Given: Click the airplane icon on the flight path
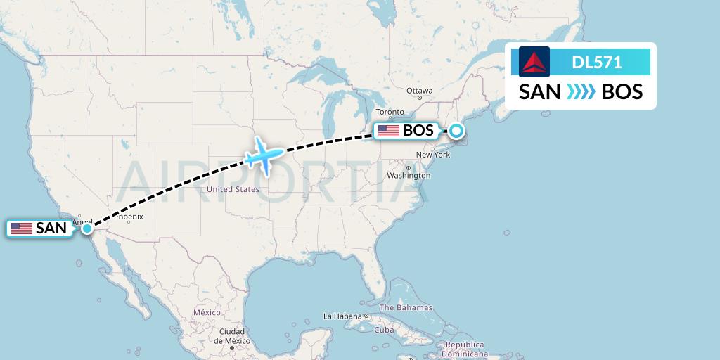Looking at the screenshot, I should click(264, 155).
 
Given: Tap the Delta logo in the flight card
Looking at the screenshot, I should click(534, 62).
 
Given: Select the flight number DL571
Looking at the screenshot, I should click(596, 62).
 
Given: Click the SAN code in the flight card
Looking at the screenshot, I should click(539, 91).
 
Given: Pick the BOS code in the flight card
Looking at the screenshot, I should click(622, 91).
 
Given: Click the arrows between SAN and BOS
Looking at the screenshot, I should click(581, 91).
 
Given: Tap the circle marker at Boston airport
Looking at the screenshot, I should click(457, 130).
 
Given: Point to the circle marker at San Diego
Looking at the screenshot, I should click(86, 228).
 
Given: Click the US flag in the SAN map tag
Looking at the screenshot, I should click(22, 228).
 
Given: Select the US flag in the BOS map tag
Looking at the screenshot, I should click(388, 130).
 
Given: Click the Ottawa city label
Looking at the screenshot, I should click(420, 91).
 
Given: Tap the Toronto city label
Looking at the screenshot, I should click(390, 112).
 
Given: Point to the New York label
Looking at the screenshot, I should click(433, 155).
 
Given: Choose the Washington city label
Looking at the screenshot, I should click(409, 175).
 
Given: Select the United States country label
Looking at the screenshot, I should click(233, 189).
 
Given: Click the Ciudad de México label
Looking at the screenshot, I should click(231, 335).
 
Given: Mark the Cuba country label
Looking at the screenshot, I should click(384, 330).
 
